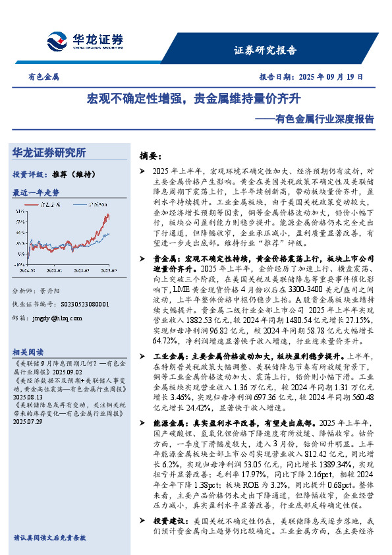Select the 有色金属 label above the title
(x=43, y=77)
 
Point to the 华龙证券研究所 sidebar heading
(x=49, y=153)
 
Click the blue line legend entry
(x=91, y=205)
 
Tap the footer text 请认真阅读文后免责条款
(x=49, y=538)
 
